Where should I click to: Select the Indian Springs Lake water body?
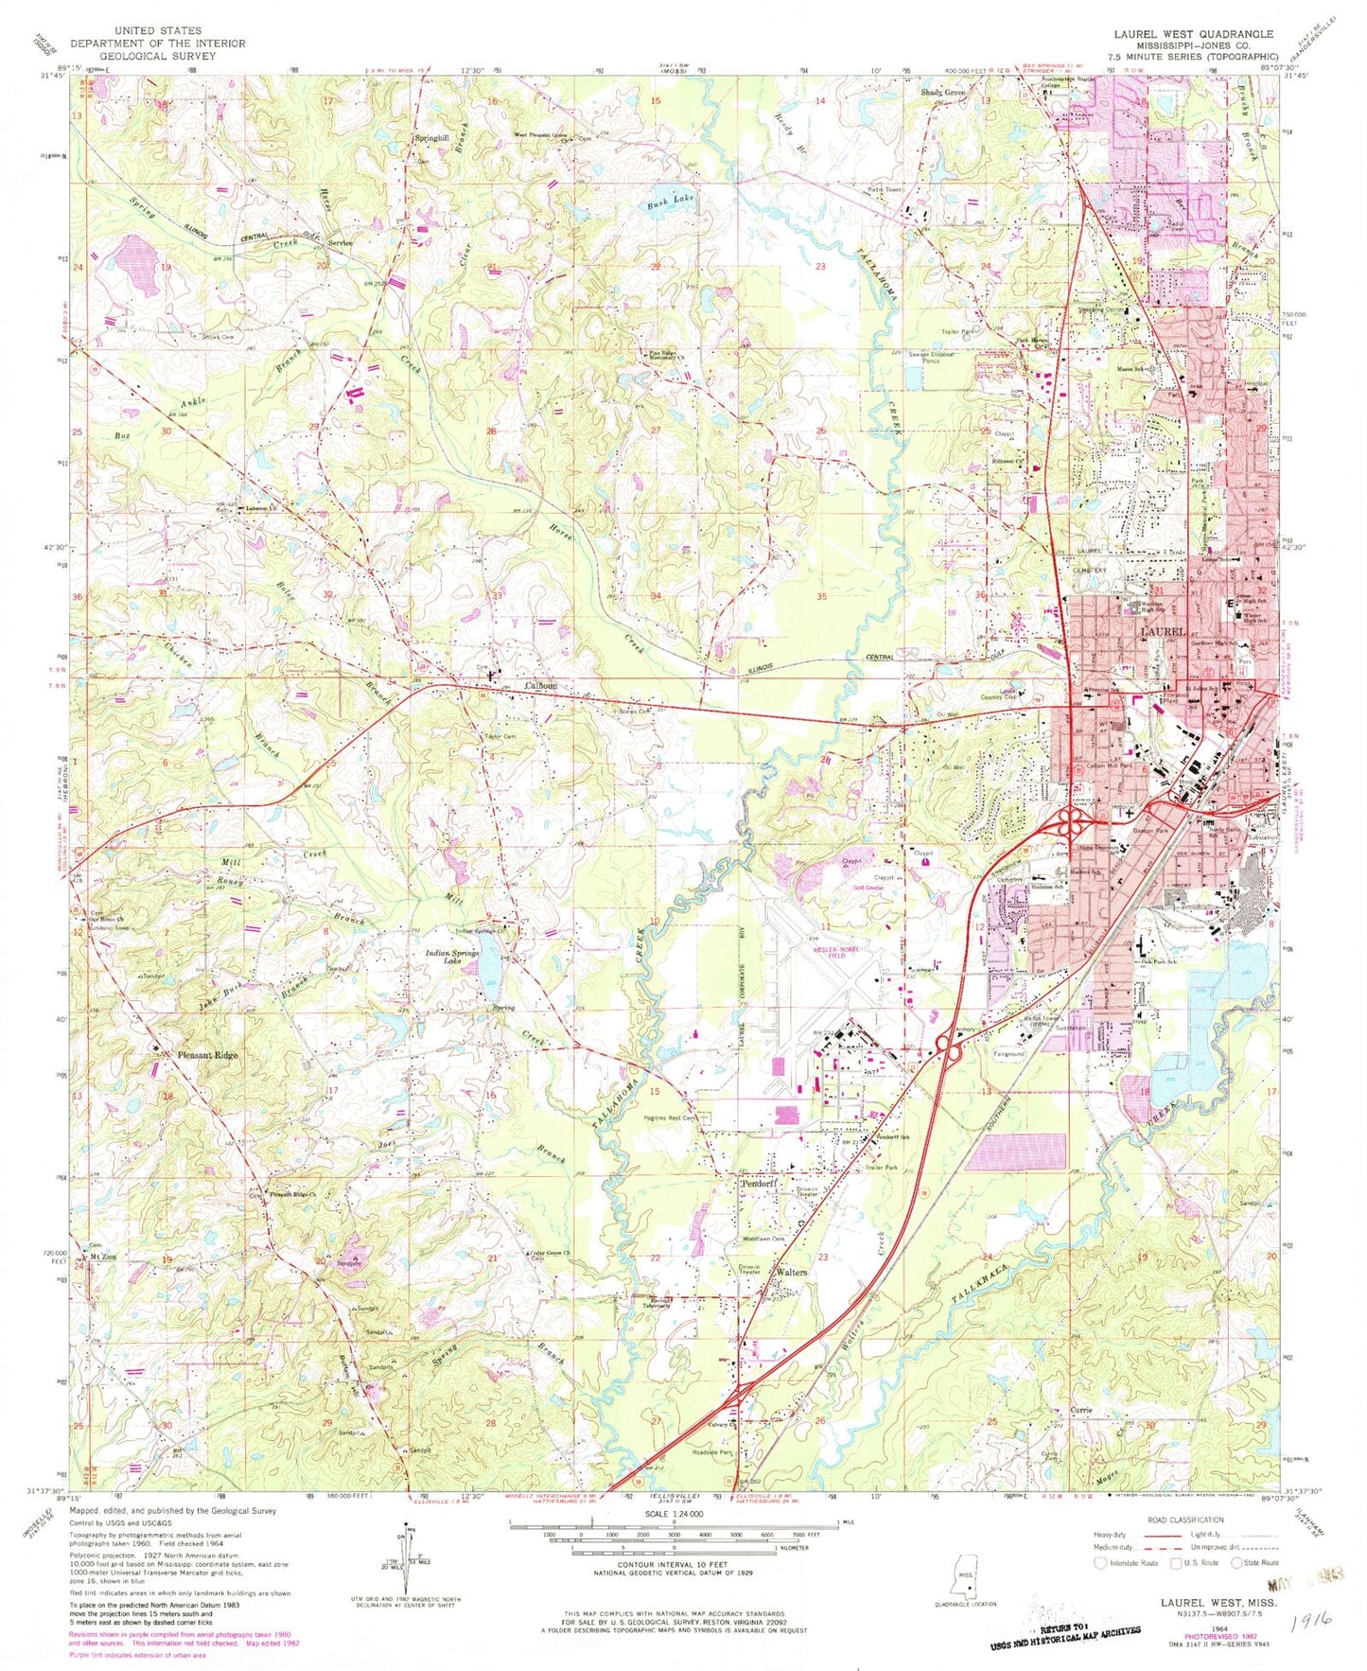[490, 975]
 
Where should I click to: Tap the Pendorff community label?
[758, 1184]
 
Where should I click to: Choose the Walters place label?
[791, 1273]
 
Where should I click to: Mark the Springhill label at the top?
[431, 138]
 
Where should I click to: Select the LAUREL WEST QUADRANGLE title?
[1194, 34]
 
